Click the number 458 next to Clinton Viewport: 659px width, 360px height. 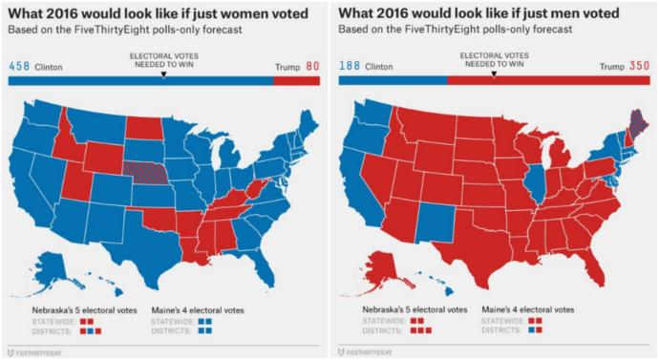pos(19,67)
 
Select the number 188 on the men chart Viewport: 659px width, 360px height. pos(351,67)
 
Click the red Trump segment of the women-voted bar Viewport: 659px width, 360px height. pos(297,82)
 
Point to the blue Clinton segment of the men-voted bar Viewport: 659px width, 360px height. pos(392,82)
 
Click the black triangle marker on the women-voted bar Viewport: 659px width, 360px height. pos(163,74)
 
